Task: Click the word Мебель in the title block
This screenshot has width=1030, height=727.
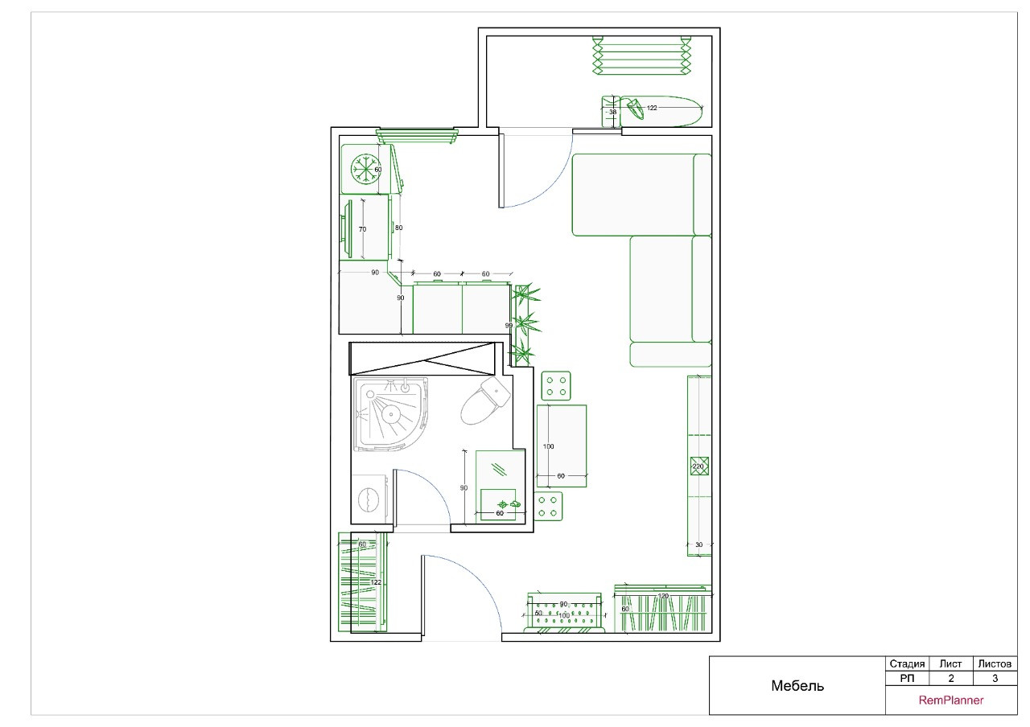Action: pos(797,686)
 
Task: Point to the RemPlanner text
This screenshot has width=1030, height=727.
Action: pos(951,700)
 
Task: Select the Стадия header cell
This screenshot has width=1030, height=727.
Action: pos(907,664)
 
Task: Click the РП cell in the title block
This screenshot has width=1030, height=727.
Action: pos(907,678)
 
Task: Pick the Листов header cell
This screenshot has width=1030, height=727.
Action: pos(995,664)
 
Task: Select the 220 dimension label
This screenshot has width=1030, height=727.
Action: pos(698,466)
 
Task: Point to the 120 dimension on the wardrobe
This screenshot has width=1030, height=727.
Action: pos(663,596)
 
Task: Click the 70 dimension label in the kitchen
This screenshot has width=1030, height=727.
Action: pos(362,229)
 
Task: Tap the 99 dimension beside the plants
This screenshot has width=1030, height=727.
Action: pos(509,326)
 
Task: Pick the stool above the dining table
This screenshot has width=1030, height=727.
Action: pos(556,385)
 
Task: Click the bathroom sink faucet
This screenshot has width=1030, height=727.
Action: pos(508,504)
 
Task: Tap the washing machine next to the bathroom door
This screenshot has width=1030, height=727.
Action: pos(371,499)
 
